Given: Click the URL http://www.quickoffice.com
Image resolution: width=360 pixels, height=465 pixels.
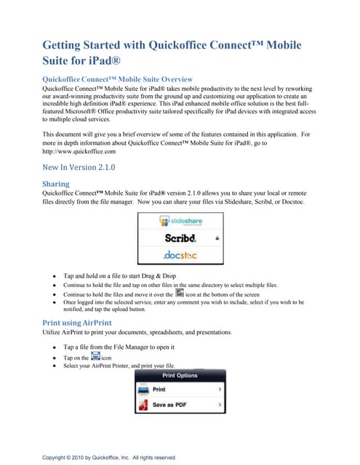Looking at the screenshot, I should point(79,152).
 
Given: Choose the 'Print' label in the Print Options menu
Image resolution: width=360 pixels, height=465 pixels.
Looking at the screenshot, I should point(159,389).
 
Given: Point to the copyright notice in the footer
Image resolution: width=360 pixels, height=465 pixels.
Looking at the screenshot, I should point(109,457).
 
